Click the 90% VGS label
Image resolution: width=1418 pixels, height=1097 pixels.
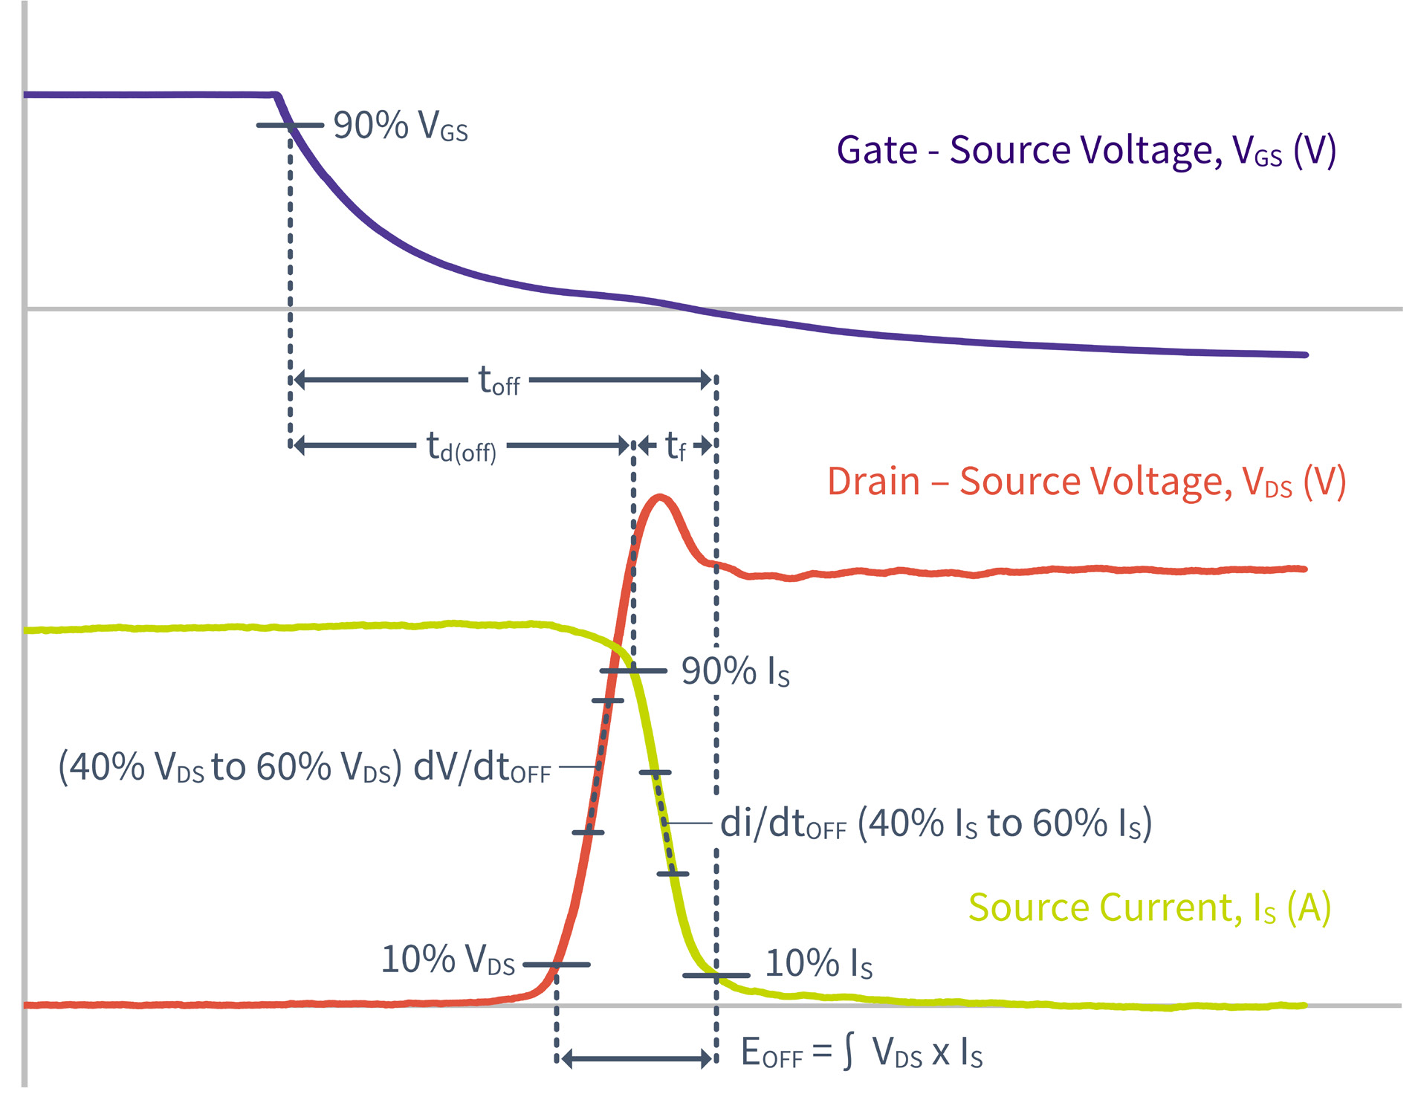coord(400,126)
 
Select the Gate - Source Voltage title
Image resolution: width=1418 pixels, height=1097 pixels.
coord(1086,151)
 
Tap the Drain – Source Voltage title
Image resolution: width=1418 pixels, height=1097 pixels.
coord(1086,482)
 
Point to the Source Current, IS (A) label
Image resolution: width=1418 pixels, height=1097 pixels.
coord(1149,907)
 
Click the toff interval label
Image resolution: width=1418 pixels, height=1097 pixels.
coord(499,381)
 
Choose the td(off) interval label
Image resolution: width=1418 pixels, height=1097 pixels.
coord(461,447)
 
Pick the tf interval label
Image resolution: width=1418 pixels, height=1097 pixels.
coord(675,447)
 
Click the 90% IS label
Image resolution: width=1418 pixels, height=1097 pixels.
coord(735,671)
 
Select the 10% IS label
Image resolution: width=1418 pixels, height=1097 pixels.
coord(818,964)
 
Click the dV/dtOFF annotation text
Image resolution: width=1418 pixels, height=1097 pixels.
coord(305,767)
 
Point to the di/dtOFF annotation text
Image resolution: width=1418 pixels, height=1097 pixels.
coord(936,823)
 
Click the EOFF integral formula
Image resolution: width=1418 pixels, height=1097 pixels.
coord(861,1052)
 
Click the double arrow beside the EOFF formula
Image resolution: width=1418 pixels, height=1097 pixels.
coord(636,1058)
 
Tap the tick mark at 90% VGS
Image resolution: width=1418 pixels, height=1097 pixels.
coord(290,126)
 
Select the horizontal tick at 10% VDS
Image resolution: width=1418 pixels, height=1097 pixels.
coord(557,965)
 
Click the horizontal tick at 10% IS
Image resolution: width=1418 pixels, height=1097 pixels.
coord(716,975)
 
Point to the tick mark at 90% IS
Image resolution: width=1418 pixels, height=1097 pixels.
coord(633,671)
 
